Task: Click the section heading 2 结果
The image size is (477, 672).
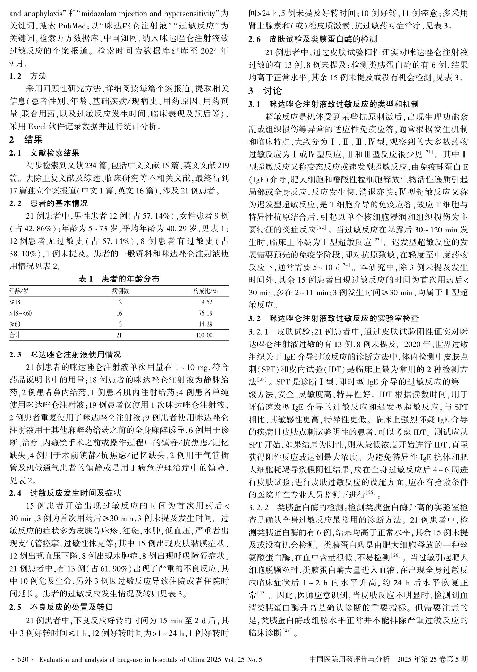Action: point(26,140)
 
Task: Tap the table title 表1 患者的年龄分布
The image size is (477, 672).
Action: point(119,278)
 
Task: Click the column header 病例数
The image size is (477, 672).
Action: point(120,291)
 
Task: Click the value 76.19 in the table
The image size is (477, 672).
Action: point(205,313)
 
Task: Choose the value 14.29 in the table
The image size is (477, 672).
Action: point(205,324)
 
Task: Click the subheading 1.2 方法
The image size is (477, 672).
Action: point(28,76)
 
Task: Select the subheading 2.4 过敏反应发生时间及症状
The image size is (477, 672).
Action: point(66,493)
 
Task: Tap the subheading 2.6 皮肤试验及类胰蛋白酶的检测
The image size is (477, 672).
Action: point(313,39)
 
